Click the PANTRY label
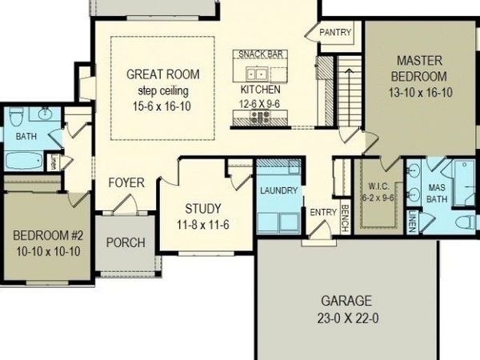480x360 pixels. (335, 32)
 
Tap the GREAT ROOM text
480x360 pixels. (163, 74)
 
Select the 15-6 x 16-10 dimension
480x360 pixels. (162, 106)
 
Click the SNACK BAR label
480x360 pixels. (261, 54)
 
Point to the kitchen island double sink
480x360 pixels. (257, 74)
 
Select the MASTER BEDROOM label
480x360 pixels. (419, 68)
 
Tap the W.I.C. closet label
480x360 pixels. (379, 186)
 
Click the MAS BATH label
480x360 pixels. (437, 193)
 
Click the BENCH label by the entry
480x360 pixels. (345, 218)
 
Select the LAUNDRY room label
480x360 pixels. (279, 190)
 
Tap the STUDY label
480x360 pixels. (203, 209)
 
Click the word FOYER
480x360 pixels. (126, 182)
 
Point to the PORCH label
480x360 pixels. (126, 242)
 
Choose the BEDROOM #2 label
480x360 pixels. (48, 236)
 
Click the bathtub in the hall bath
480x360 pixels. (25, 162)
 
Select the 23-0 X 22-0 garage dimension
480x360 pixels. (347, 318)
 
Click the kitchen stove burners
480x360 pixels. (260, 115)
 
